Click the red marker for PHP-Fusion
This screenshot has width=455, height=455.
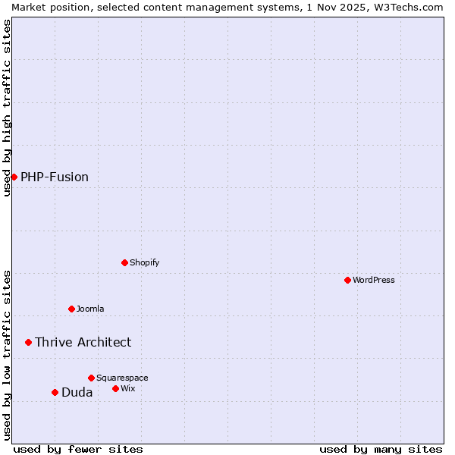(14, 177)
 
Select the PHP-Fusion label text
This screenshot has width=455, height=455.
(55, 177)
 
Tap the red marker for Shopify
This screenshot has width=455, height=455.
(124, 262)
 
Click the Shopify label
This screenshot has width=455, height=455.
(145, 263)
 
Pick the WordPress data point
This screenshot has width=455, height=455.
(347, 280)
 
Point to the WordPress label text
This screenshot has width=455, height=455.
(374, 281)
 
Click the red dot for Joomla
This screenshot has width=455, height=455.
(71, 309)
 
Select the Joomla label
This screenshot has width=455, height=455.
(90, 309)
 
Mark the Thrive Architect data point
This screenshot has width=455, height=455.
(29, 342)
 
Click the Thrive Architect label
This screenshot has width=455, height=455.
(83, 343)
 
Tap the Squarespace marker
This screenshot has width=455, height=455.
(91, 378)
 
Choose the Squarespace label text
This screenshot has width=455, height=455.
(122, 378)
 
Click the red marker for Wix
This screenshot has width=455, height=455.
(115, 388)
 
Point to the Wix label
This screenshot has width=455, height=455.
(128, 389)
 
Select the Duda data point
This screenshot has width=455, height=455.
(55, 392)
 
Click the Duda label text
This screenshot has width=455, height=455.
(77, 393)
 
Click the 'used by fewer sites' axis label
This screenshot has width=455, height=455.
(78, 449)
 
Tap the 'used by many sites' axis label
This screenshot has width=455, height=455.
(381, 449)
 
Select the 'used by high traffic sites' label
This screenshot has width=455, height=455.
(7, 108)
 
